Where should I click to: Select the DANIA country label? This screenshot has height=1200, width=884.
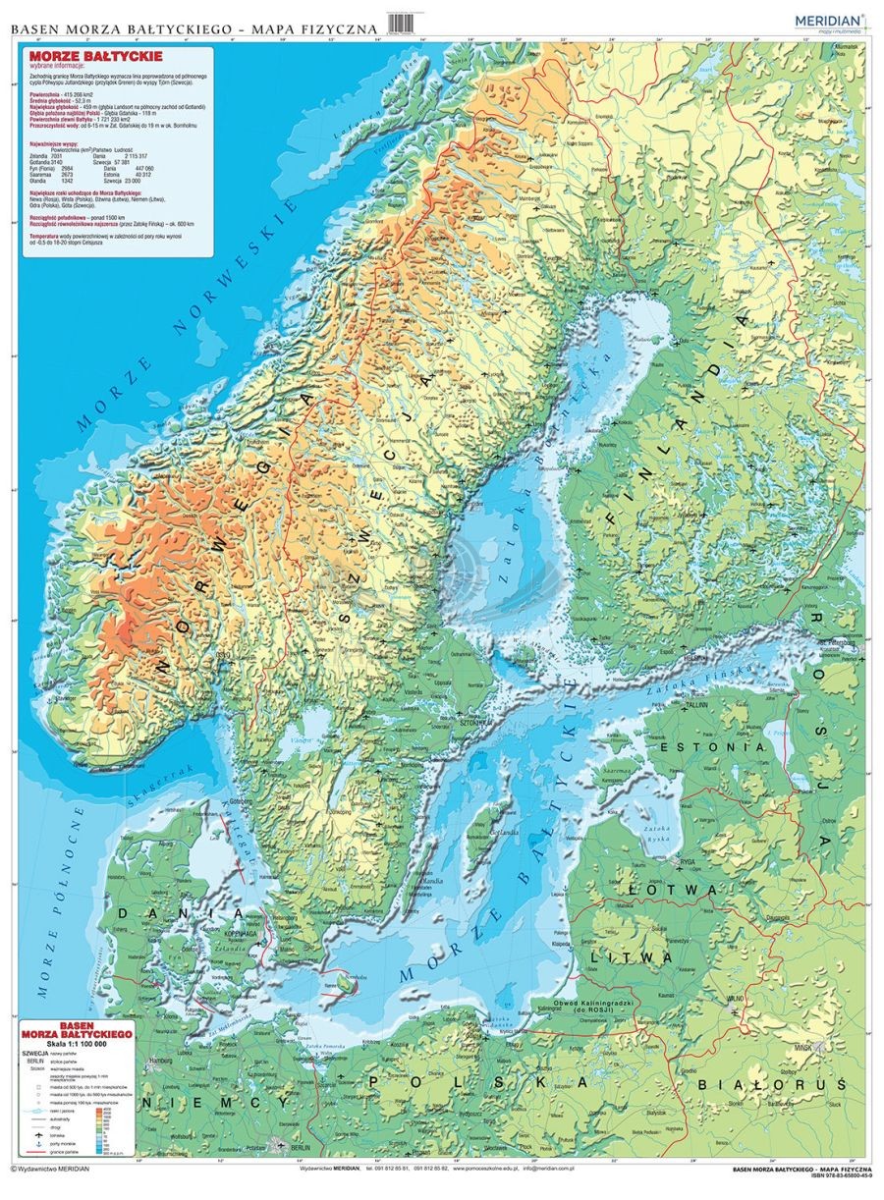143,912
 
